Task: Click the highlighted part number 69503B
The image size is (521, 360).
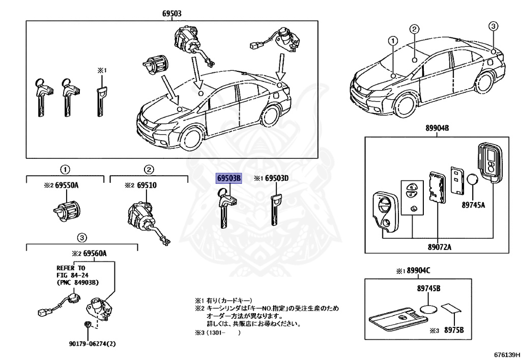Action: [x=229, y=178]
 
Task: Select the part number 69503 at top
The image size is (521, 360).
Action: [x=172, y=14]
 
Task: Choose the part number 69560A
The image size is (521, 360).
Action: [x=98, y=253]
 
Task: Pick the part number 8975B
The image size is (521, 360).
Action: [x=454, y=330]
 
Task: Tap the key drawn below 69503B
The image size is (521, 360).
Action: [x=224, y=209]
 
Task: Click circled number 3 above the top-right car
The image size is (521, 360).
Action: [x=493, y=26]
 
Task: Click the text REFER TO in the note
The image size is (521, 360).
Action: [x=71, y=267]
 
